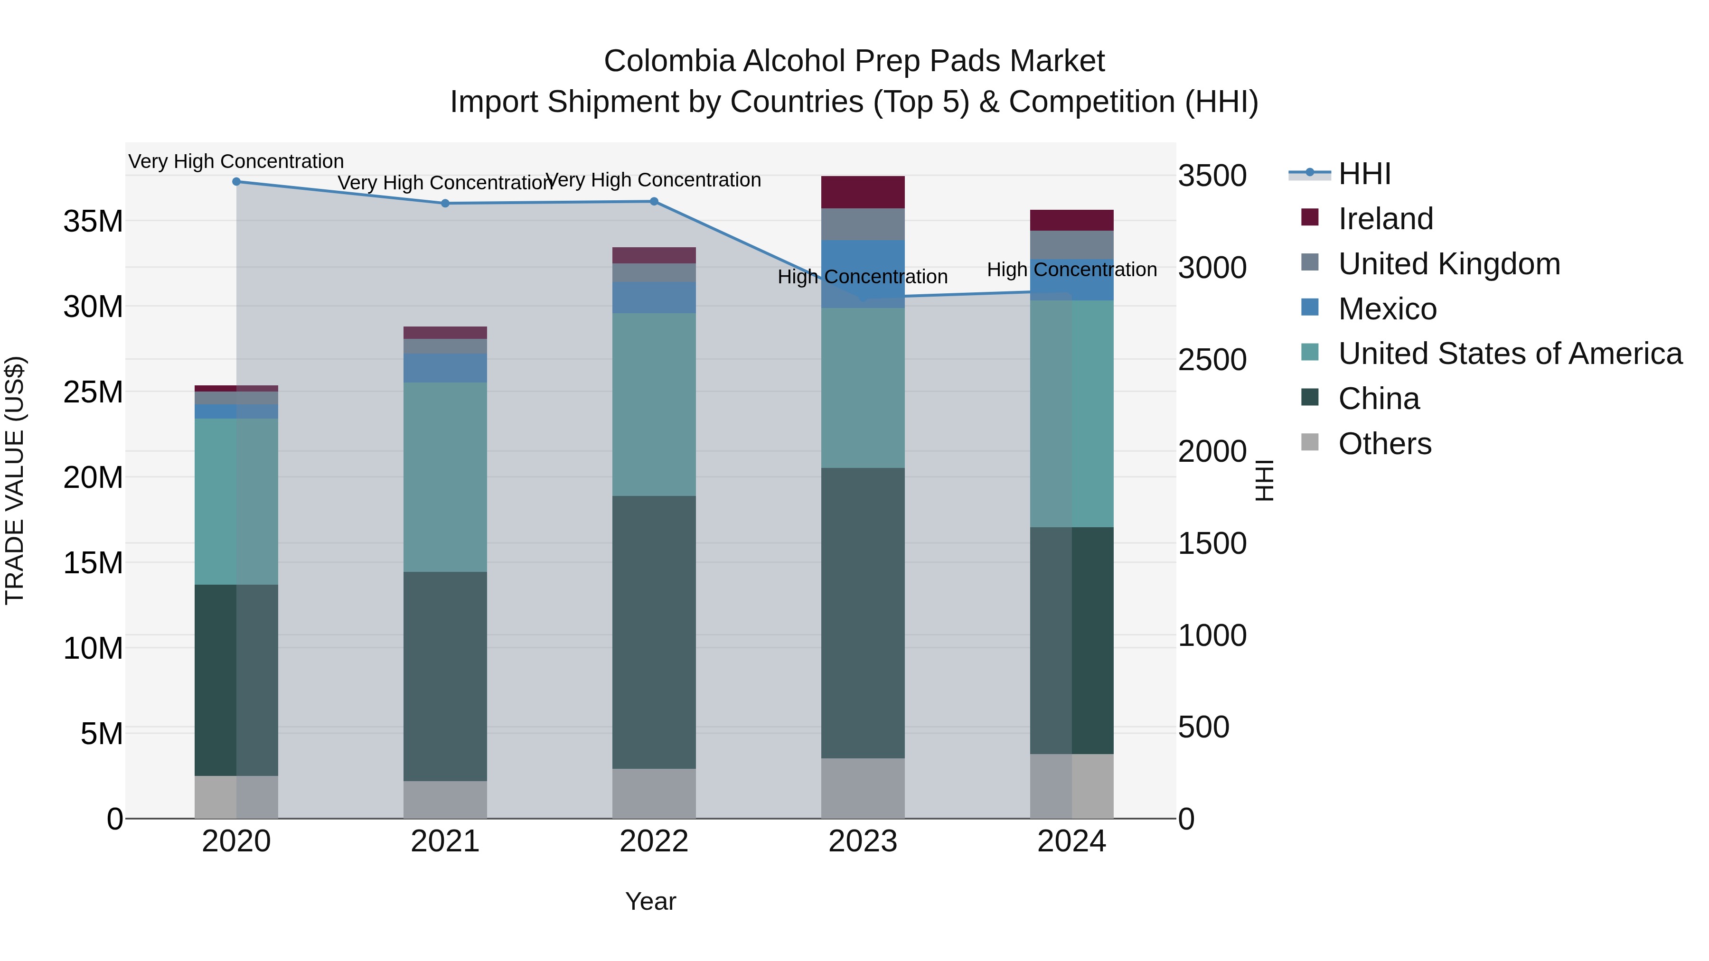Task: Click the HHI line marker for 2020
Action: coord(236,181)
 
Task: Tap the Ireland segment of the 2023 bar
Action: coord(863,192)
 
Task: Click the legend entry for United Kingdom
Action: coord(1448,263)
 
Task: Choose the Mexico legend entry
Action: coord(1387,308)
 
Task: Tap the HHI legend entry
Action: coord(1363,174)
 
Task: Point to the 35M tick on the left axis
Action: coord(93,221)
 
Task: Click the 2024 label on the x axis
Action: coord(1071,841)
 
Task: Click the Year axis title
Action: coord(650,901)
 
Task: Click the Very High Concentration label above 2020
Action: coord(236,161)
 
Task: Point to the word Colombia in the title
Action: coord(669,61)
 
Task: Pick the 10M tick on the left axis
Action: coord(93,648)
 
